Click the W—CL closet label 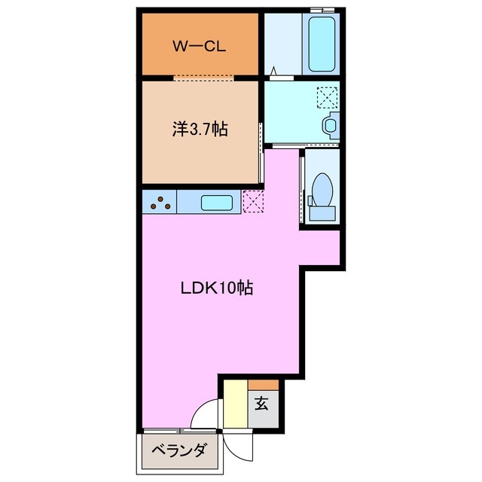click(199, 47)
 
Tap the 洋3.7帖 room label click(200, 129)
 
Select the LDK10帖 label click(217, 288)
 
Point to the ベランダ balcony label click(178, 451)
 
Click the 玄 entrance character click(261, 404)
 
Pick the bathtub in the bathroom click(322, 44)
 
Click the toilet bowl click(322, 190)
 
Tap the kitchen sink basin click(217, 203)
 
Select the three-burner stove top click(160, 203)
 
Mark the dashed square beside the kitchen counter click(253, 201)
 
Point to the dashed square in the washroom click(327, 98)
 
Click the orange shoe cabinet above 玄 click(264, 385)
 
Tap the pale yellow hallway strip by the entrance click(236, 404)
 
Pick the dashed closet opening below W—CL click(204, 78)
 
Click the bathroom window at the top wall click(322, 10)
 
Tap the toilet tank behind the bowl click(322, 213)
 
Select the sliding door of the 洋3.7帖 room click(261, 153)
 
